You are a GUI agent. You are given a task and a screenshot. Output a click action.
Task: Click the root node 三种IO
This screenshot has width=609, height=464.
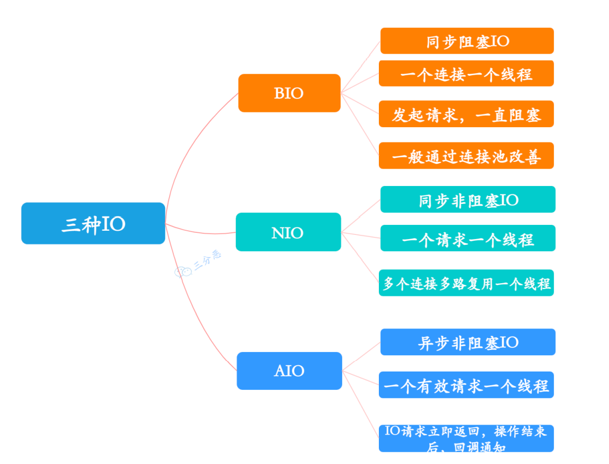coord(93,223)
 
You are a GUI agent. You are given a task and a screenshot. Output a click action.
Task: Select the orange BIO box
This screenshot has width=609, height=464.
coord(289,93)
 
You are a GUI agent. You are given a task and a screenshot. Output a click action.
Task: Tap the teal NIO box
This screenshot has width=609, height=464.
coord(288,232)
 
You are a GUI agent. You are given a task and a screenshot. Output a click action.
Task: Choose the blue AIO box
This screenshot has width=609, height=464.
coord(289,370)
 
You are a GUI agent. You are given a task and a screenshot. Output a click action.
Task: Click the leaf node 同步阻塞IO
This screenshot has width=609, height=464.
coord(467,41)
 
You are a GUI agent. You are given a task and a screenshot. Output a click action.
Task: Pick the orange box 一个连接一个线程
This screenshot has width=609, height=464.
coord(466,74)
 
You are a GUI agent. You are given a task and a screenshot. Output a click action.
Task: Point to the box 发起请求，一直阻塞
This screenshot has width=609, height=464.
coord(466,114)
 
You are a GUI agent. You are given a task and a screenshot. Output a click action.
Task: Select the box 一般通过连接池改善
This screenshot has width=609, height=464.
coord(466,156)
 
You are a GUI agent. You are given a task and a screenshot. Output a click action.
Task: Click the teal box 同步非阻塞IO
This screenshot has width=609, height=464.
coord(468,199)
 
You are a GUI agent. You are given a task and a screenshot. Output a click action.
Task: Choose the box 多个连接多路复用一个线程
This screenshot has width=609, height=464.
coord(466,283)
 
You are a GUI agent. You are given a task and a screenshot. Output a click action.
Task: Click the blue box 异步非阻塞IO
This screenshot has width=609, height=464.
coord(468,342)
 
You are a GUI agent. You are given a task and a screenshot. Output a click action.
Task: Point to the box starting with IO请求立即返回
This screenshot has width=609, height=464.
coord(466,438)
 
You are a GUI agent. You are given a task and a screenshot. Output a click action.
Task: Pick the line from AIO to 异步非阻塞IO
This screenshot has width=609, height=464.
coord(362,356)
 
